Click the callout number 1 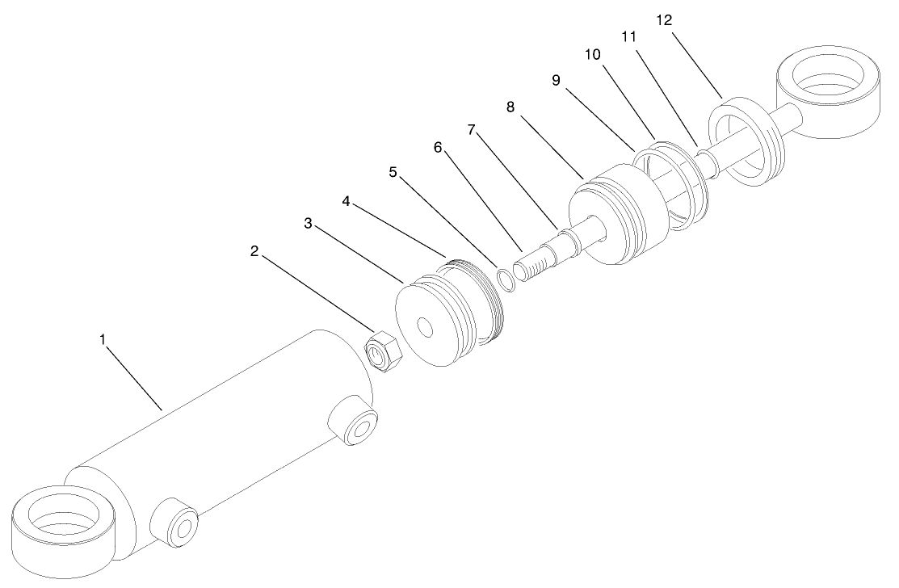(x=103, y=340)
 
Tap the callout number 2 (x=254, y=251)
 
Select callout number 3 (x=308, y=223)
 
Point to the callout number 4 (x=346, y=200)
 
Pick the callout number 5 (x=393, y=172)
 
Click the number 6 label (x=438, y=147)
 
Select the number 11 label (x=629, y=37)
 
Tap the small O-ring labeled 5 (x=504, y=279)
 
